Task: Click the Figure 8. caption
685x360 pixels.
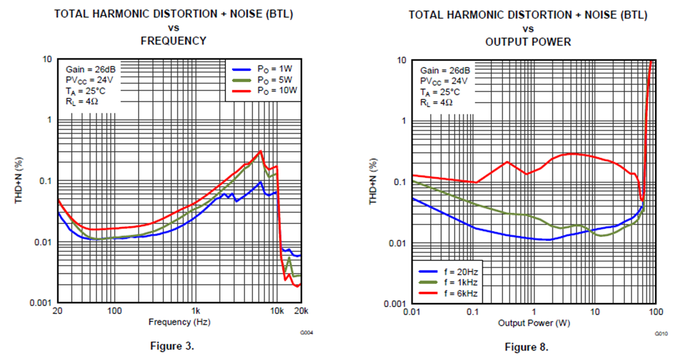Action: click(526, 347)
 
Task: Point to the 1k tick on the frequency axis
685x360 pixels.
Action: click(195, 310)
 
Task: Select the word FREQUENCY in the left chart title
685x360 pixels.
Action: click(173, 41)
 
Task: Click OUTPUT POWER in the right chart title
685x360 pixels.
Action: click(528, 42)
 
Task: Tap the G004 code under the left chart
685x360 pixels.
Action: click(307, 332)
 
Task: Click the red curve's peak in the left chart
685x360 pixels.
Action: click(260, 151)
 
